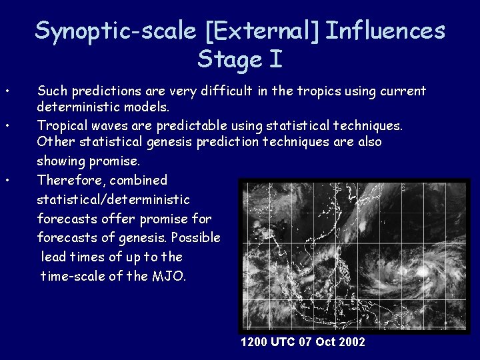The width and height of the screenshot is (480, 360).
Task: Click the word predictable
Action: tap(196, 125)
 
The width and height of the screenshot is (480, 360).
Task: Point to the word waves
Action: tap(103, 125)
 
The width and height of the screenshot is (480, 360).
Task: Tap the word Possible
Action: tap(196, 237)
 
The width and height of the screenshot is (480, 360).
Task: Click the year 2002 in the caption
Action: tap(351, 342)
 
